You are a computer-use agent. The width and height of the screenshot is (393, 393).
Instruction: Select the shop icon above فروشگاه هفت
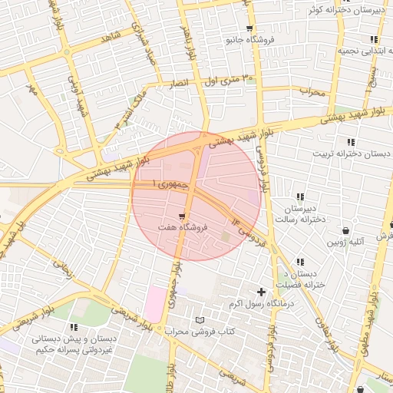[182, 216]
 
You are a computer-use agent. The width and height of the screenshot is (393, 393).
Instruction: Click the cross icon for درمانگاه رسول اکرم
[262, 292]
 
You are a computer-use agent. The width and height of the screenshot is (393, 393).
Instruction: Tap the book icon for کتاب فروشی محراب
[200, 319]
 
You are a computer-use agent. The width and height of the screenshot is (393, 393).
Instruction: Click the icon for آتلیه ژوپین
[346, 230]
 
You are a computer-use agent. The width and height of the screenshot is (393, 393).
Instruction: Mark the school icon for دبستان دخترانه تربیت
[351, 142]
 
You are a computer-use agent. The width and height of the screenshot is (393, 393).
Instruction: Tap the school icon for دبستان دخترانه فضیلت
[299, 263]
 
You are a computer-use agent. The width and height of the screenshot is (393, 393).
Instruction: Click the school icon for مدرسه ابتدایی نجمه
[373, 39]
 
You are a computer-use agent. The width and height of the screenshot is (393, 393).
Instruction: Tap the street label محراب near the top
[312, 92]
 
